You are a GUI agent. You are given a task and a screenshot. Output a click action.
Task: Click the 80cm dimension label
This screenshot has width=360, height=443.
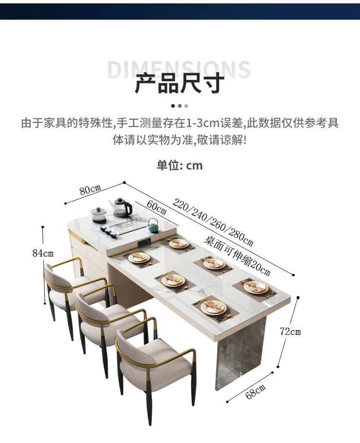click(90, 189)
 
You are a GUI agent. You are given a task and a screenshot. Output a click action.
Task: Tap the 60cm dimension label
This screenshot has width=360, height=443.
click(156, 208)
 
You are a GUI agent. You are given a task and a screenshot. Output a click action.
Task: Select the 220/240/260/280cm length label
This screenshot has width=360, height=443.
click(213, 222)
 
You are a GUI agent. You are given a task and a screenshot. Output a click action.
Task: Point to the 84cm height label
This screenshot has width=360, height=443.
click(43, 253)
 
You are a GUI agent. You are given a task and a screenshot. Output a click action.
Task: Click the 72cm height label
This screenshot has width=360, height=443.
click(290, 331)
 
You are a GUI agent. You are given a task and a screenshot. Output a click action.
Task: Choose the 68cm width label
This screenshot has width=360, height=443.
click(255, 391)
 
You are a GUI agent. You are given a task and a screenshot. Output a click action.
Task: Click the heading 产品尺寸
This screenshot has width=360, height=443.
click(180, 83)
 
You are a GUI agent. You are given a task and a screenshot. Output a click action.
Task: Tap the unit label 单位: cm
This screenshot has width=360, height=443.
click(180, 166)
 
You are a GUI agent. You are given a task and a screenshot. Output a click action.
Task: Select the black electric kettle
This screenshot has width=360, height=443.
click(122, 207)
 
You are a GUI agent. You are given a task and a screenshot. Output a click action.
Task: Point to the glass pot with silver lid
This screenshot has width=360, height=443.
click(98, 215)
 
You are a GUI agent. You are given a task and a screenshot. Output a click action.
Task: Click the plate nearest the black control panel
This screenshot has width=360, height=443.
click(179, 243)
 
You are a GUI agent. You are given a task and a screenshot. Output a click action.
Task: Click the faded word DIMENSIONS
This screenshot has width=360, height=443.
click(179, 70)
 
